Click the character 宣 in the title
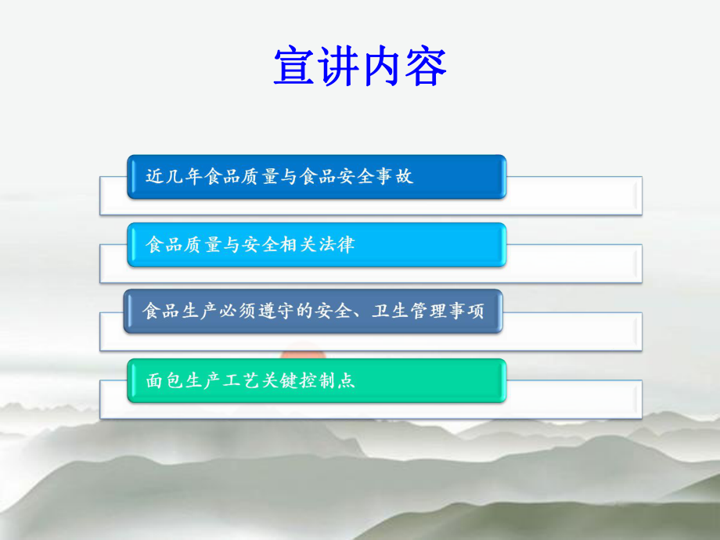click(x=294, y=66)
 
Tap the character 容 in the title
click(x=426, y=66)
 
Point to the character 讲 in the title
click(x=338, y=66)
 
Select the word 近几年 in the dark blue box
click(x=174, y=177)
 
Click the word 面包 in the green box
click(x=164, y=380)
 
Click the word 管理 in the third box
click(x=423, y=311)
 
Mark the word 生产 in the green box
click(x=203, y=380)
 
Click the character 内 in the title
click(x=382, y=66)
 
